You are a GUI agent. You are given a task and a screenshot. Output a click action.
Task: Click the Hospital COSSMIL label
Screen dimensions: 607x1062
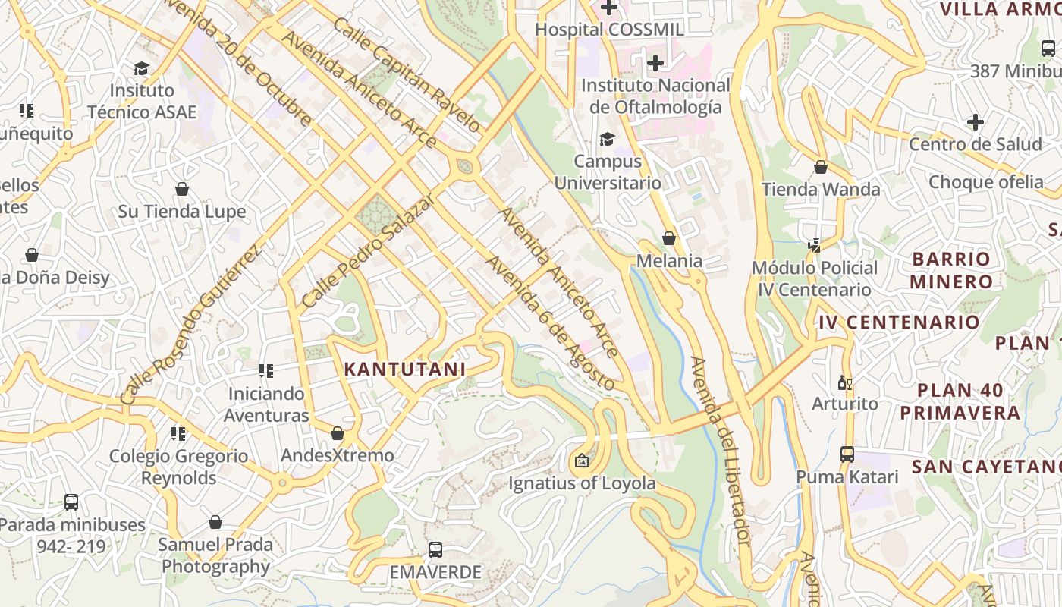(x=610, y=30)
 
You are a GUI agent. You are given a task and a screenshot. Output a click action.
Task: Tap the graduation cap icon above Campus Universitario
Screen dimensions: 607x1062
(x=607, y=139)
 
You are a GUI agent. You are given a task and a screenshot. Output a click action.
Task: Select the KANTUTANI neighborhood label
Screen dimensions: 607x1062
(x=405, y=370)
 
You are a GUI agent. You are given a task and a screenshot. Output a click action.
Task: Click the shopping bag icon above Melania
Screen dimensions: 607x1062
(x=668, y=239)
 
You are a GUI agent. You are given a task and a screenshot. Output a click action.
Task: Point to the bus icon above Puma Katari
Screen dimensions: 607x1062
(x=847, y=454)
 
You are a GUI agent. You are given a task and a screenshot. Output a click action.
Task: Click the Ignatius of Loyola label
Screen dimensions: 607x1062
(x=582, y=483)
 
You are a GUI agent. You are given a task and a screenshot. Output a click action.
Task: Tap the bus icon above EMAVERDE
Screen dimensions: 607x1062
(x=435, y=550)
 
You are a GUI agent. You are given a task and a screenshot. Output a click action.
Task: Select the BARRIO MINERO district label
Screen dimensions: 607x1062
(x=952, y=270)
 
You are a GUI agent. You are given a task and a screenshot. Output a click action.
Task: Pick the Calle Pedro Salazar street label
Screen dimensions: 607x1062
(x=367, y=250)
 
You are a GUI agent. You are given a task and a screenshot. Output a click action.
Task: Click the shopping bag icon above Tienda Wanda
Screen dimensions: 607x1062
(x=821, y=167)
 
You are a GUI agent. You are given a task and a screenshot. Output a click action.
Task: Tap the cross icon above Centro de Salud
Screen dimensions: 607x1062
(x=976, y=121)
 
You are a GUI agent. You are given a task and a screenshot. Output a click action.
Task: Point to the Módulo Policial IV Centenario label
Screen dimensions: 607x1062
(x=815, y=278)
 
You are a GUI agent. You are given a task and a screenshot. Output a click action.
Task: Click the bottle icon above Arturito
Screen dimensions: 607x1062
(x=844, y=382)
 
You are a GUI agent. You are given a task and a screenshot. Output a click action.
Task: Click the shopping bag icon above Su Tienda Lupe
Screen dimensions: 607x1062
(x=182, y=189)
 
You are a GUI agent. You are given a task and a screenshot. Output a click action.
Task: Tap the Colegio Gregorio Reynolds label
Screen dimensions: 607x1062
(x=178, y=467)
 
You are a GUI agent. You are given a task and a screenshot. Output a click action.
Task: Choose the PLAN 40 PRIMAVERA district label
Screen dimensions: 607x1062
(x=960, y=401)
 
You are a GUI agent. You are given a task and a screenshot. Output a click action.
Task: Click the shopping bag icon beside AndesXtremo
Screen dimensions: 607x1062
(x=338, y=433)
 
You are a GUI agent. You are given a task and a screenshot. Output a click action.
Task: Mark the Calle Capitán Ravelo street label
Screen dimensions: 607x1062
(x=406, y=74)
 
